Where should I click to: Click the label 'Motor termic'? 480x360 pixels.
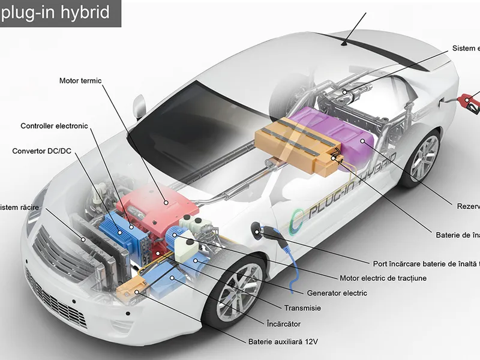80,81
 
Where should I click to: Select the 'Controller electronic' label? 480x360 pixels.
54,126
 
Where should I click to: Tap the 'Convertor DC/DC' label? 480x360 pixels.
41,151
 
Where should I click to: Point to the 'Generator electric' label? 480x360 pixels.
337,293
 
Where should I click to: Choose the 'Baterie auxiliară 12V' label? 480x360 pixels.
283,342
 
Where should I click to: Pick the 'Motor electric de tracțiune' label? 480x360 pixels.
383,278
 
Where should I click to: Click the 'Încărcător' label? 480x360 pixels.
283,324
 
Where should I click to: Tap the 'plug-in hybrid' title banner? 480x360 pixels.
59,13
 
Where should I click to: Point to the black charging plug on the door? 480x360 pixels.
259,230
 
